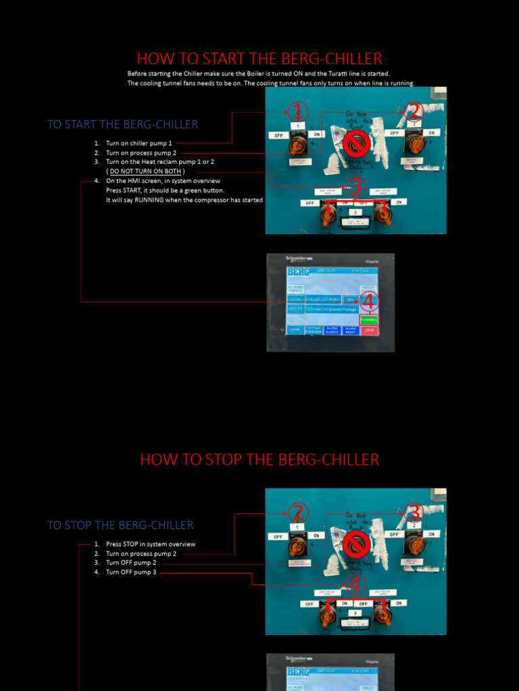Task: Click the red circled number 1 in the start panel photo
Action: point(298,112)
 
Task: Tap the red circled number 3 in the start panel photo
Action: point(355,185)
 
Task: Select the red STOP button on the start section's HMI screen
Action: point(369,331)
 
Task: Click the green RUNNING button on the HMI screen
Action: point(369,319)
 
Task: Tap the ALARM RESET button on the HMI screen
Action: point(350,331)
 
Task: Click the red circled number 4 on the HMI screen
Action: point(368,301)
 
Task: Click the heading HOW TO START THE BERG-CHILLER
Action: point(259,59)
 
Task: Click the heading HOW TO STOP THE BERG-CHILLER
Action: point(259,460)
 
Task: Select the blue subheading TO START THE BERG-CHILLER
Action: point(122,124)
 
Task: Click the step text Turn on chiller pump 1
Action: point(139,143)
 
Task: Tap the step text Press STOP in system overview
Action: point(150,544)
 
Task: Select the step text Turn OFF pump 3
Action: point(130,572)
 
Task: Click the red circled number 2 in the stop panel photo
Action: point(298,513)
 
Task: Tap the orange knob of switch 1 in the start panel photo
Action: point(297,144)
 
